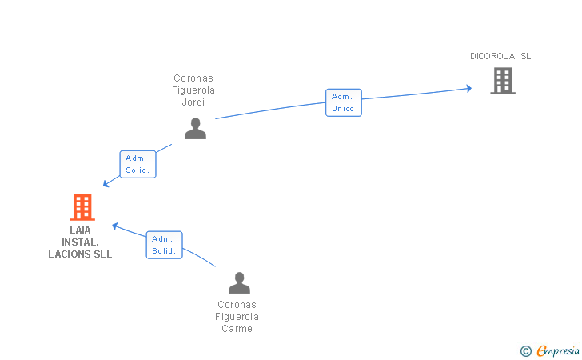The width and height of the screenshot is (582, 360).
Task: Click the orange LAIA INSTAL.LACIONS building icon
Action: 82,207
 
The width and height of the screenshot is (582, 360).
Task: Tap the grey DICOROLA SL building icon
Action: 503,81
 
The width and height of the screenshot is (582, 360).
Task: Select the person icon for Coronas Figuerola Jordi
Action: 195,129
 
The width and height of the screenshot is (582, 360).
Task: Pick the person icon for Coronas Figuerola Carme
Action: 239,282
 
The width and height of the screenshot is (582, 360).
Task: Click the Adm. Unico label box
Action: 344,102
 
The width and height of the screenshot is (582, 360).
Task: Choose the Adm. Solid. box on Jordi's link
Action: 138,164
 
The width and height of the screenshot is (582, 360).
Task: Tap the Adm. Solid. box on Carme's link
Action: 164,245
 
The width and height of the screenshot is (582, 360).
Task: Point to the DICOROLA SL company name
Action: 500,56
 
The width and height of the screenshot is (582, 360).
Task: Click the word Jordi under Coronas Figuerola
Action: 193,102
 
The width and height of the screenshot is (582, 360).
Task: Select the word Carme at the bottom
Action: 237,329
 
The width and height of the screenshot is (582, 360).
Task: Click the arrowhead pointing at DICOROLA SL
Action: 469,89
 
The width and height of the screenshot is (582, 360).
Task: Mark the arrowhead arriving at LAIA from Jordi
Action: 106,183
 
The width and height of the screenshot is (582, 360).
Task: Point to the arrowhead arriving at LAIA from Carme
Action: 115,226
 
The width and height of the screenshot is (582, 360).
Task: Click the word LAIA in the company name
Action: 80,230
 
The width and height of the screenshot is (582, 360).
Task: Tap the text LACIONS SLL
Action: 80,254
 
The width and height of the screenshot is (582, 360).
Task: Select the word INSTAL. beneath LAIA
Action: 80,242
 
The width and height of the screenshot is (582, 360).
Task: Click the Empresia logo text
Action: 558,350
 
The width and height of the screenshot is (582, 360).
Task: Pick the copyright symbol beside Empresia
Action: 525,351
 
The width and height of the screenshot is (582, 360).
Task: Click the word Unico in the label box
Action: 343,109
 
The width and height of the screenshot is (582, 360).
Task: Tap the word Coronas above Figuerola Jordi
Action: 193,78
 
